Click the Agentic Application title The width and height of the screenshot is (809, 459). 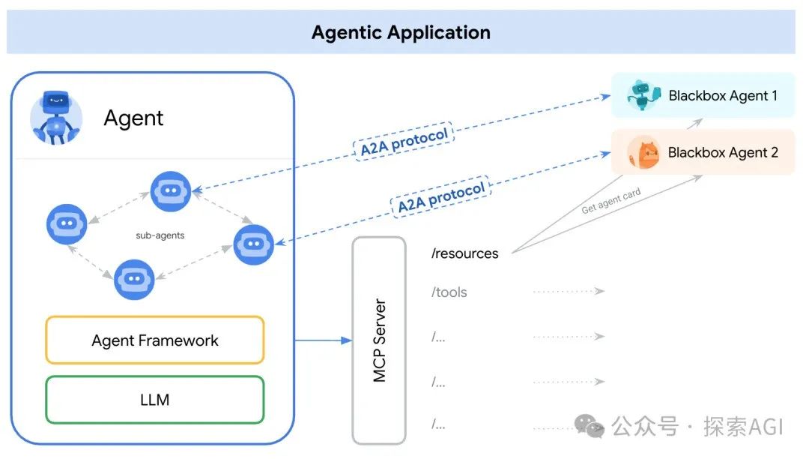pyautogui.click(x=401, y=32)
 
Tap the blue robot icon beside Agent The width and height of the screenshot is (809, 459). pyautogui.click(x=56, y=118)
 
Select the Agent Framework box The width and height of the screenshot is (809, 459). pyautogui.click(x=155, y=340)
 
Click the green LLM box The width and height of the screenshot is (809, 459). pyautogui.click(x=155, y=400)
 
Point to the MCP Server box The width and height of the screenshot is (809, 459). pyautogui.click(x=379, y=340)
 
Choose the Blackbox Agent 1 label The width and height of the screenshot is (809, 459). pyautogui.click(x=723, y=95)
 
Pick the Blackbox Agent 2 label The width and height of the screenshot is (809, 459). pyautogui.click(x=723, y=152)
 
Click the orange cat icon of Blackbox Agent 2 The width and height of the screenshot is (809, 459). pyautogui.click(x=643, y=153)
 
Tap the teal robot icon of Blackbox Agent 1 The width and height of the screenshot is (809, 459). pyautogui.click(x=643, y=95)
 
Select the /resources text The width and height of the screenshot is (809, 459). pyautogui.click(x=465, y=253)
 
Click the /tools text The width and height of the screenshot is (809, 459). pyautogui.click(x=449, y=292)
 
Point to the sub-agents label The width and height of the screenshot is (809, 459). pyautogui.click(x=160, y=235)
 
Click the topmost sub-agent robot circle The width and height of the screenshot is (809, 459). pyautogui.click(x=171, y=191)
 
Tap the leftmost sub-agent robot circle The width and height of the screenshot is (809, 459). pyautogui.click(x=67, y=224)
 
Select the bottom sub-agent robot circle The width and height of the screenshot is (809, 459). pyautogui.click(x=134, y=279)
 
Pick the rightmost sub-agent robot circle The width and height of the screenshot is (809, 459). pyautogui.click(x=253, y=244)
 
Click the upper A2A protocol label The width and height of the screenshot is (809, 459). pyautogui.click(x=404, y=142)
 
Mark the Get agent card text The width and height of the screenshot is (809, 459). pyautogui.click(x=611, y=200)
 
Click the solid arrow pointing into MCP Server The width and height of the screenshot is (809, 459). pyautogui.click(x=324, y=340)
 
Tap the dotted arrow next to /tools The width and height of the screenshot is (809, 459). pyautogui.click(x=569, y=291)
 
